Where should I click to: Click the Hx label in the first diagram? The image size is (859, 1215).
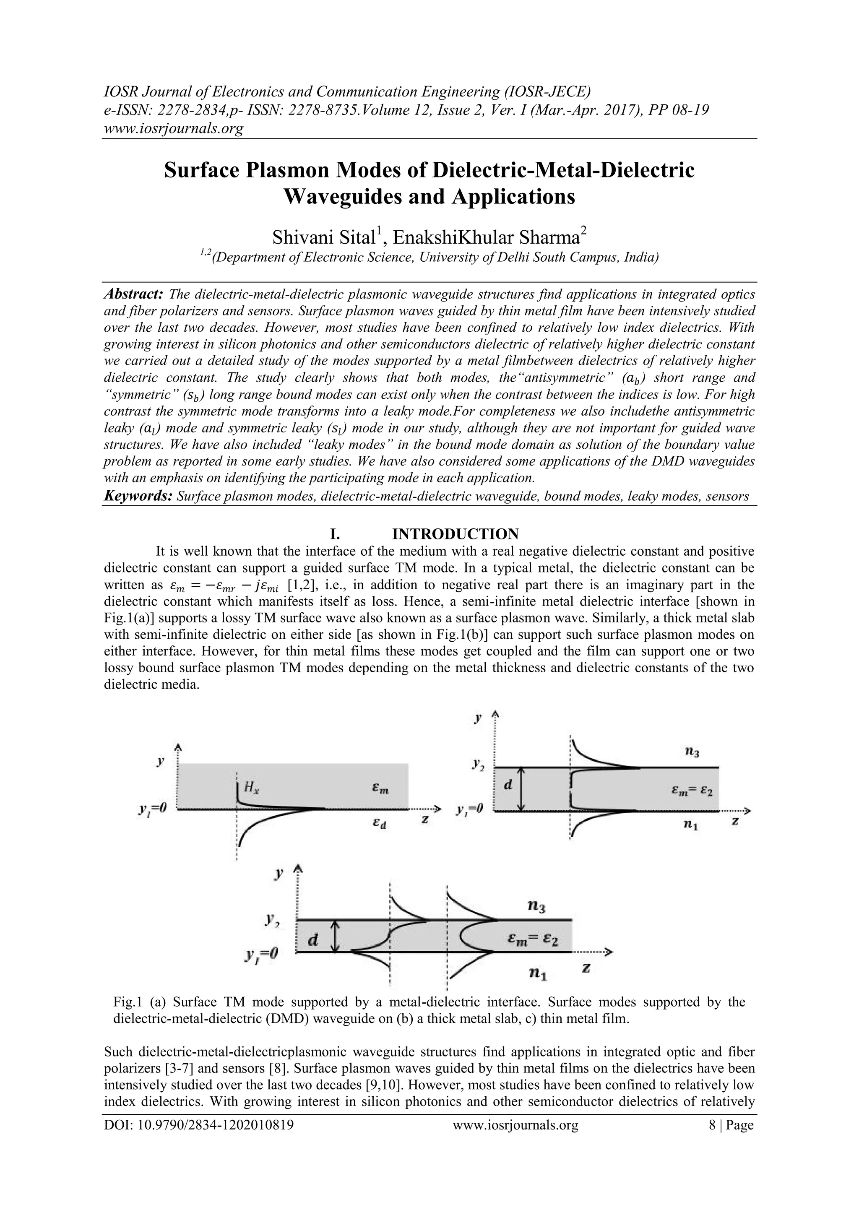tap(251, 787)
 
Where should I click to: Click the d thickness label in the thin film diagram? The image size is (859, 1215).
tap(313, 940)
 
